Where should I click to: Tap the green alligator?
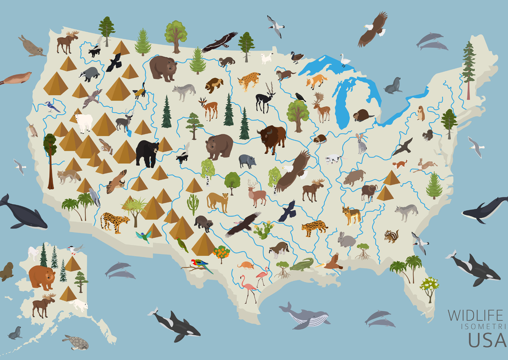coord(301,265)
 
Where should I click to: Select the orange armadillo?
coord(246,265)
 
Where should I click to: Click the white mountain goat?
coord(83,122)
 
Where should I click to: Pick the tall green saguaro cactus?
coord(192,204)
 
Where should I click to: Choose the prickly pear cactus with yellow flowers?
coord(263,230)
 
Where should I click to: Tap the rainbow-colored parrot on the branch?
coord(201,265)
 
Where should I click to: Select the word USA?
coord(488,340)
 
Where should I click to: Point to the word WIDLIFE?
coord(475,315)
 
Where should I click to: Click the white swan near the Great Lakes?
coord(344,60)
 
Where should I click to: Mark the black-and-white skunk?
coord(182,158)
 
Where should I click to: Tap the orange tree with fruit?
coord(221,253)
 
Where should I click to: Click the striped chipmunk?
coord(391,236)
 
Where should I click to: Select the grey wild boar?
coord(247,161)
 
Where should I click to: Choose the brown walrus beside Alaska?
coord(6,271)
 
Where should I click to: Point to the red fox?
coord(316,80)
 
